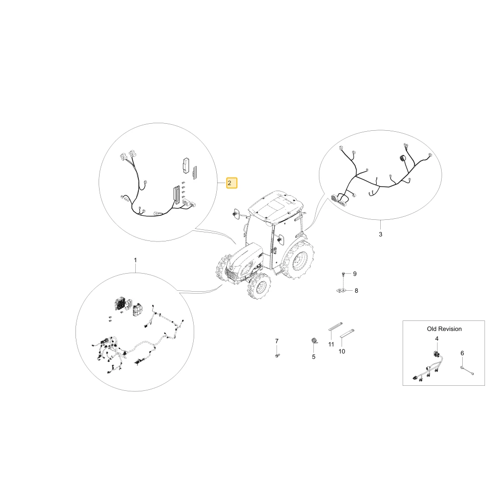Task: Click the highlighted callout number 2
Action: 231,183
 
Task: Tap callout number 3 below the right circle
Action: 380,234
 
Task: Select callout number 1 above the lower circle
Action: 135,260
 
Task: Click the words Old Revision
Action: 444,329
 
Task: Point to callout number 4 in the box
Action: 437,339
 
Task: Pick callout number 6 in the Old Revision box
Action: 462,353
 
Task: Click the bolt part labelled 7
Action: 277,355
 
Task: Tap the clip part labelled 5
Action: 314,341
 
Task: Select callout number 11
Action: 331,344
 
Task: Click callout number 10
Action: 342,352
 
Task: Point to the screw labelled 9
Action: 343,274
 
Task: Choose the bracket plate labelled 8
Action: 342,290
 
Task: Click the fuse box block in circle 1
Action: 122,304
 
